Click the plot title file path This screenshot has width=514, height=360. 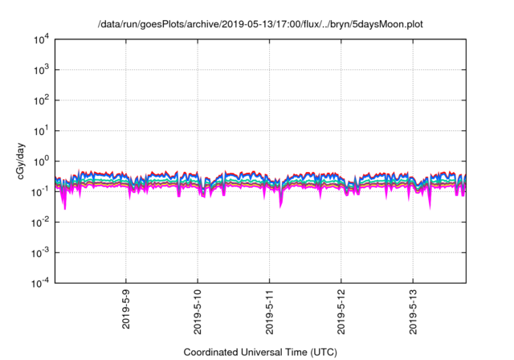[258, 25]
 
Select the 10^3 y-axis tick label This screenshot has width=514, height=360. [40, 70]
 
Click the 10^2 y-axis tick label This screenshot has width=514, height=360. [40, 100]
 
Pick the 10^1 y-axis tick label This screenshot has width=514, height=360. [40, 130]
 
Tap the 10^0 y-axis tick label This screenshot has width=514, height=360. [40, 161]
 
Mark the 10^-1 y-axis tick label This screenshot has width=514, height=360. [39, 191]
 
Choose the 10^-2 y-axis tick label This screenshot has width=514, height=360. [39, 222]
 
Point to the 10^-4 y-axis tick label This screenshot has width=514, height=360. [39, 282]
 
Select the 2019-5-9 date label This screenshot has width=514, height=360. [126, 309]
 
